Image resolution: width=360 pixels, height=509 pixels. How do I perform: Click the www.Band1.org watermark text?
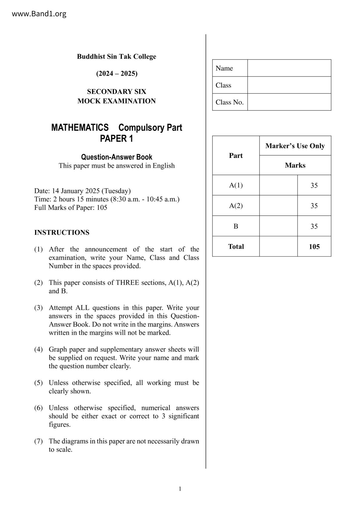click(39, 14)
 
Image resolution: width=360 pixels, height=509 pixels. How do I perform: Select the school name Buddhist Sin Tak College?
click(116, 57)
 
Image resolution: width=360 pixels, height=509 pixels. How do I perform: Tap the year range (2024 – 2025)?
click(117, 73)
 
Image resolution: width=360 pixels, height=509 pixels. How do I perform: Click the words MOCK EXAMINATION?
click(116, 101)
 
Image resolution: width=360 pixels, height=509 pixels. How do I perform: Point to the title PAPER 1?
click(116, 139)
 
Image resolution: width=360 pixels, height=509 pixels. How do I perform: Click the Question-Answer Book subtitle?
click(116, 157)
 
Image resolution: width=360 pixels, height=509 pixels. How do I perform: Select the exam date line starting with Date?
click(82, 191)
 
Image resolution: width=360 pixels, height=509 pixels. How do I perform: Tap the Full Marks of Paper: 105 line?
click(71, 207)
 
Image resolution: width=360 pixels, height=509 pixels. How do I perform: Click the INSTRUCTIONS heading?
click(62, 232)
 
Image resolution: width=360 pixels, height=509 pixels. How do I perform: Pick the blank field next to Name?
click(289, 68)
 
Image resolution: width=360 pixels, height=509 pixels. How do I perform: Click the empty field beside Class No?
click(289, 102)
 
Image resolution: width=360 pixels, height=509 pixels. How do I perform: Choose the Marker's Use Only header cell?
click(295, 146)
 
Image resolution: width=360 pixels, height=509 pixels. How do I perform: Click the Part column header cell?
click(236, 156)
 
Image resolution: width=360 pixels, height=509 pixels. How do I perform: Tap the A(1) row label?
click(236, 185)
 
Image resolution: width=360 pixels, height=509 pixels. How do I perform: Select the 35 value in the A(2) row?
click(314, 206)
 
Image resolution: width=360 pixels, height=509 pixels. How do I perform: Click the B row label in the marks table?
click(236, 226)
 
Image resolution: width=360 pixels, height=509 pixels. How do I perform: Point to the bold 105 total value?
click(314, 247)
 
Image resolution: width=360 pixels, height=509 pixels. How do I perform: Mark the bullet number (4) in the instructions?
click(39, 349)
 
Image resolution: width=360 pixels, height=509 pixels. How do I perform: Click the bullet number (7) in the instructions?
click(39, 441)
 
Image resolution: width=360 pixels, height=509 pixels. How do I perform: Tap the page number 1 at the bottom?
click(180, 489)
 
